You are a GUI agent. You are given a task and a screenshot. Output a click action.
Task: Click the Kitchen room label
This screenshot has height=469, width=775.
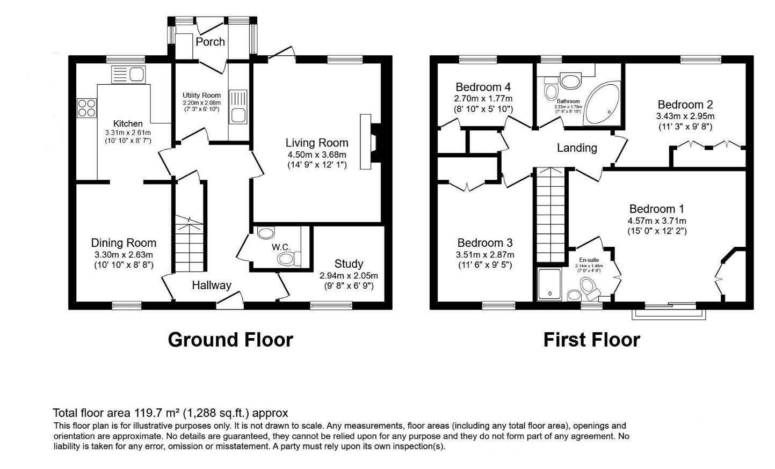tap(128, 123)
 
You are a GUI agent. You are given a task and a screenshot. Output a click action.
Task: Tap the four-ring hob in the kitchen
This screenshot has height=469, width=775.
tap(86, 107)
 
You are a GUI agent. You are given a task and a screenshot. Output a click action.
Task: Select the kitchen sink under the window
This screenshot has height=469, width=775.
tap(128, 75)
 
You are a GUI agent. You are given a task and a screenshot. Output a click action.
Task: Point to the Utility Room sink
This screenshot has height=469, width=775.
tap(237, 107)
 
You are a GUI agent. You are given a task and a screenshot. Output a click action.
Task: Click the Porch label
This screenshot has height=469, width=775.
tap(210, 42)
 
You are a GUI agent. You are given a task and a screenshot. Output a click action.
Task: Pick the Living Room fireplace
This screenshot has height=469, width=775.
tap(372, 142)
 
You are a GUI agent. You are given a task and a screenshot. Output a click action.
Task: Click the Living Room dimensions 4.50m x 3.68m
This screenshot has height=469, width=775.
tap(317, 155)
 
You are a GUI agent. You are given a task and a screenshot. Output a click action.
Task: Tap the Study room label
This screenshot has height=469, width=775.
tap(349, 263)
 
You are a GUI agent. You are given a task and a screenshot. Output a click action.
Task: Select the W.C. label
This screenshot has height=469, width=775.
tap(281, 247)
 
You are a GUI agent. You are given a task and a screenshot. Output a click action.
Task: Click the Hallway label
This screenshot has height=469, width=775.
tap(212, 285)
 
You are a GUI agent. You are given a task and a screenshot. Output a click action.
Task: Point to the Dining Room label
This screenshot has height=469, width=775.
tap(124, 243)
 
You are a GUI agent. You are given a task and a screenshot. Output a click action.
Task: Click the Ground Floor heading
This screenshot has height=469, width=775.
tap(230, 340)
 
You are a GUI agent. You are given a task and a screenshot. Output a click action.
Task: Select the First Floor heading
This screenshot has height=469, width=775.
tap(591, 340)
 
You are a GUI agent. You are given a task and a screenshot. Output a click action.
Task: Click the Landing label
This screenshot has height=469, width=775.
tap(577, 148)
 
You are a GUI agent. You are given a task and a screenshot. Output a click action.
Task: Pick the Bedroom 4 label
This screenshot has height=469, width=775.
tap(483, 87)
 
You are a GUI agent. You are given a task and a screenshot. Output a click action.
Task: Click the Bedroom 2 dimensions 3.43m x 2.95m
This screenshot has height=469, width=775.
tap(685, 116)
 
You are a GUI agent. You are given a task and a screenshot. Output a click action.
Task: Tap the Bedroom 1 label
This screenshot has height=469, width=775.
tap(656, 209)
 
